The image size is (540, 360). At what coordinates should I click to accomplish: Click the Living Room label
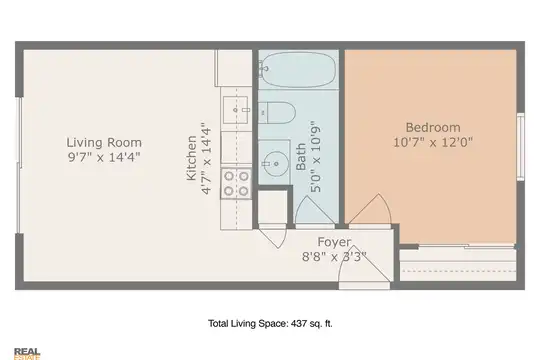[104, 142]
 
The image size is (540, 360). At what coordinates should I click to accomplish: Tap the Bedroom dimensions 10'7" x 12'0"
[433, 142]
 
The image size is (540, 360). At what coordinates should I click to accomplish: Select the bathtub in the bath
[299, 69]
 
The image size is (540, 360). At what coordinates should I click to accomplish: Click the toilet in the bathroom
[277, 112]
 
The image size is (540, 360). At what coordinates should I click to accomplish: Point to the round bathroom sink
[275, 164]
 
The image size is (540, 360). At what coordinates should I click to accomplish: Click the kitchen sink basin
[236, 110]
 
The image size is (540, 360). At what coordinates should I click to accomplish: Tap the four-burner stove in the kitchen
[236, 184]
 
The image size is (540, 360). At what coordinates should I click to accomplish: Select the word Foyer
[334, 242]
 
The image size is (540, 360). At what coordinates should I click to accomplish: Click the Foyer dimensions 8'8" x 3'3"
[334, 257]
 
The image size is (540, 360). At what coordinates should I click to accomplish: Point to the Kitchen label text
[191, 158]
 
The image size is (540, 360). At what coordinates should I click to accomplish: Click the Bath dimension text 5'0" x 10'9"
[315, 156]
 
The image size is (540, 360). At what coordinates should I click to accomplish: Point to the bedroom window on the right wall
[521, 147]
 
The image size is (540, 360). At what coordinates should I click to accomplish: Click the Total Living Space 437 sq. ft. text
[270, 323]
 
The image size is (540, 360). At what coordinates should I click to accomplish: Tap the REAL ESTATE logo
[27, 354]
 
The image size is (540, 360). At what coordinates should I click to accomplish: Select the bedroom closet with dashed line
[458, 265]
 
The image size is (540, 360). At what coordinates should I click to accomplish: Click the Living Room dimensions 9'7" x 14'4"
[104, 157]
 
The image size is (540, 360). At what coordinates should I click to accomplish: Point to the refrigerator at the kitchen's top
[233, 68]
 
